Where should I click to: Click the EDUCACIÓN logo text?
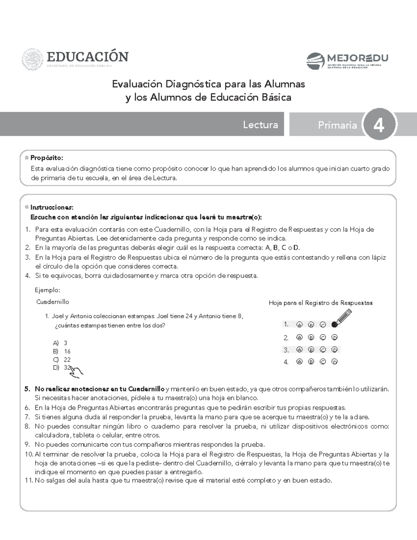click(88, 56)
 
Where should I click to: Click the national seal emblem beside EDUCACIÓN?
click(32, 59)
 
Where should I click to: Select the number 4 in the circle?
click(379, 125)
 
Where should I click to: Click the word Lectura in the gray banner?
click(260, 125)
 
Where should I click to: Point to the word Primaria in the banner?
click(337, 125)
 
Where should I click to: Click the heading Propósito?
click(47, 158)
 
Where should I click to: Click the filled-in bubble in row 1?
click(334, 324)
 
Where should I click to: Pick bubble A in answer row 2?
click(299, 337)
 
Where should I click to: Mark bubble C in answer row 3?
click(323, 349)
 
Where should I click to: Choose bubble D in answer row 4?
click(334, 362)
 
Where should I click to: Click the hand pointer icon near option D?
click(76, 372)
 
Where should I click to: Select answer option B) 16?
click(62, 351)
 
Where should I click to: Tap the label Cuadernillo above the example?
click(52, 302)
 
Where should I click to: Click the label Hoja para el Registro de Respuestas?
click(320, 303)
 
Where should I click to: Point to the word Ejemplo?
click(48, 290)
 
